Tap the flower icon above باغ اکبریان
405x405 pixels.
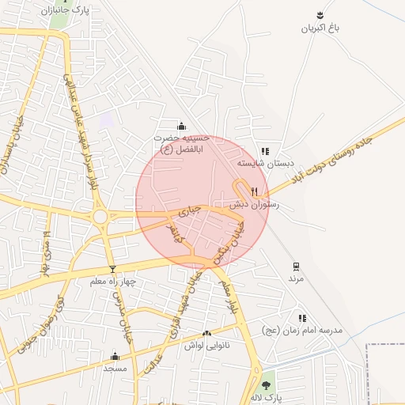[320, 15]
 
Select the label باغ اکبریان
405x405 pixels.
[320, 28]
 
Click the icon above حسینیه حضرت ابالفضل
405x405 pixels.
[182, 125]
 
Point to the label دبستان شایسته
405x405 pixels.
[267, 163]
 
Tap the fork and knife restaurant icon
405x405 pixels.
[254, 191]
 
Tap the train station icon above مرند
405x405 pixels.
[296, 266]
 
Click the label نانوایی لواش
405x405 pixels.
[206, 346]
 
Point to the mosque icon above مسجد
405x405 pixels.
[115, 356]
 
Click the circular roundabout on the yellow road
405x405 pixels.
[100, 216]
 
